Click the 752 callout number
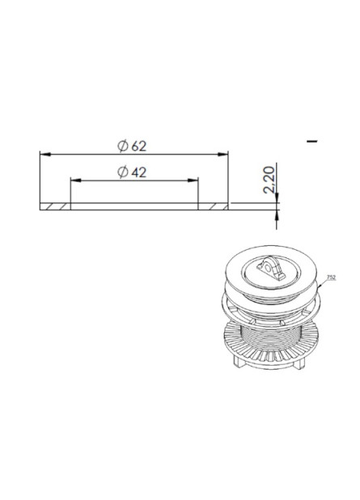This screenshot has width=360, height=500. click(331, 278)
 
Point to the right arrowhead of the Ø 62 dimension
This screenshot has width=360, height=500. click(223, 154)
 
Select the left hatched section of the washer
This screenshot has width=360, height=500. click(55, 206)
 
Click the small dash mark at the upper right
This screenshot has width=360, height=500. click(312, 142)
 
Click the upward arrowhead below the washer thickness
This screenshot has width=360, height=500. click(277, 212)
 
